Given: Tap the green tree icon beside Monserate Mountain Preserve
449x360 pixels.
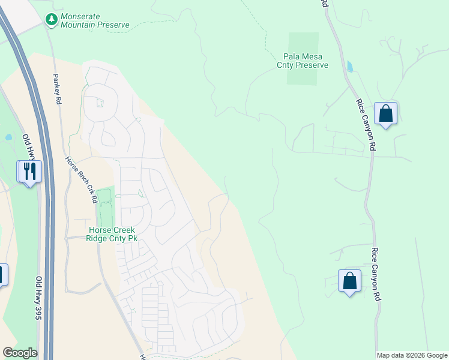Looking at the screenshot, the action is [x=52, y=20].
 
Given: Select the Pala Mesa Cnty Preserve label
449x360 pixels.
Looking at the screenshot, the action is [x=303, y=60].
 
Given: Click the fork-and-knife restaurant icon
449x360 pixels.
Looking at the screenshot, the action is [x=28, y=172].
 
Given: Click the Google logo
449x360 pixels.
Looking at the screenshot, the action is [x=20, y=353].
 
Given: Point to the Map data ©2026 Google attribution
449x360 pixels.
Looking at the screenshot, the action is [x=412, y=355].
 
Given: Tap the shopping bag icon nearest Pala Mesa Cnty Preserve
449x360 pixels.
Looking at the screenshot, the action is [x=385, y=113].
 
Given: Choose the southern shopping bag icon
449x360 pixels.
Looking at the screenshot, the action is [x=349, y=281].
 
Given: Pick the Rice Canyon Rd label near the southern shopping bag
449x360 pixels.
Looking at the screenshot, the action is [x=376, y=274].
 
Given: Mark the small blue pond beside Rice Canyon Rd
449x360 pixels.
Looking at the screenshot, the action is [x=349, y=66].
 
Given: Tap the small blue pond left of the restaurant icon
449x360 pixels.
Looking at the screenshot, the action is [x=8, y=137].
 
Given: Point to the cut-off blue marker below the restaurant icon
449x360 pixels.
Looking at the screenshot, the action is [x=2, y=275].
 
